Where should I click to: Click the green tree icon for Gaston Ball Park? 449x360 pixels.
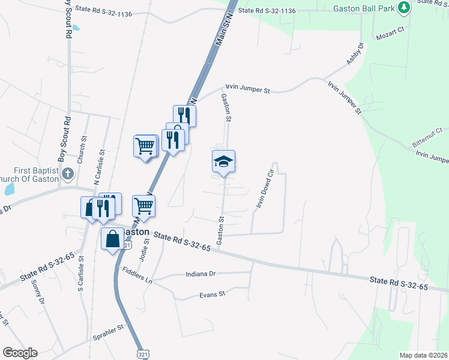[405, 7]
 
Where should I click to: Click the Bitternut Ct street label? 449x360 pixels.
[427, 137]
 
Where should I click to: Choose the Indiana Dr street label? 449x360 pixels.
[201, 274]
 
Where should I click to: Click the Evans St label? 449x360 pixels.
[212, 295]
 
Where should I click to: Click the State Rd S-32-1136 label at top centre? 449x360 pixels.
[267, 10]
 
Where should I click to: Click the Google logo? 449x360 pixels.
[20, 353]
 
